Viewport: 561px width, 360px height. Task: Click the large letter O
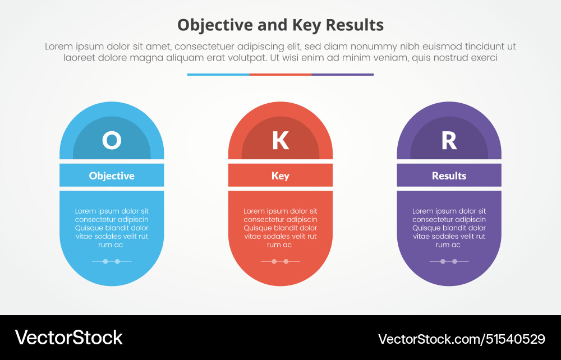[112, 140]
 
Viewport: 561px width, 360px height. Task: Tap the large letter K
[280, 140]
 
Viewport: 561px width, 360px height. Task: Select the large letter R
[449, 140]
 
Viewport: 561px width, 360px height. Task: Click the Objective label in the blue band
[112, 176]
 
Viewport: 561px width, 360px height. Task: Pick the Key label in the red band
[280, 176]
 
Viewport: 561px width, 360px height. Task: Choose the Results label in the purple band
[449, 176]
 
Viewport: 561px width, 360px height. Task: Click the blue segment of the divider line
[218, 74]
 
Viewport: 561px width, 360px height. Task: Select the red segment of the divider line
[280, 74]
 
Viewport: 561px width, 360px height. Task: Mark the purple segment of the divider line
[342, 74]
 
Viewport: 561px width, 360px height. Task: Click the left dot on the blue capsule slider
[105, 261]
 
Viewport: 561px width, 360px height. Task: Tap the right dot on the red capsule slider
[286, 261]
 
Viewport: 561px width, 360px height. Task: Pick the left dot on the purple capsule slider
[443, 261]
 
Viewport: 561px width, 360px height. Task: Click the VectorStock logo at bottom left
[68, 337]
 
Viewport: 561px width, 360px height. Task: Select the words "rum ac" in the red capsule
[280, 245]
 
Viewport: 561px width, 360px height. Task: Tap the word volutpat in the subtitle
[248, 58]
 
